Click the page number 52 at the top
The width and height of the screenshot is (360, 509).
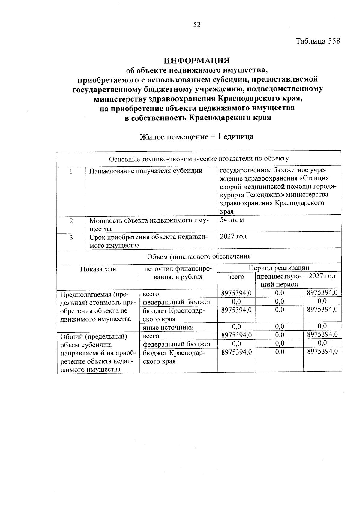[197, 25]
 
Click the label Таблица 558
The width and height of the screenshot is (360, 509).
[318, 41]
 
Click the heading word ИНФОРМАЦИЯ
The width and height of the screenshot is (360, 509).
[196, 61]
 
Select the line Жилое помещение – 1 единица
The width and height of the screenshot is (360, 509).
[197, 137]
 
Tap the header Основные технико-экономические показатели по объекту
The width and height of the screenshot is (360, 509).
[199, 159]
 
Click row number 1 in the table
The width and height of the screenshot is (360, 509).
[71, 172]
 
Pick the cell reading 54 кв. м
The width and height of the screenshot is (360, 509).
[232, 220]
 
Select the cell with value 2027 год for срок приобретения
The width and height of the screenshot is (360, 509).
[233, 237]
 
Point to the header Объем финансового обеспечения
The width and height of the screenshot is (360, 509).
[199, 256]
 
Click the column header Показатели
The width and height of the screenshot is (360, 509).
[98, 269]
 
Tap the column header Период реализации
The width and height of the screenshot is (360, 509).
[279, 268]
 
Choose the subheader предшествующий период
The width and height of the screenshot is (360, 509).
[279, 280]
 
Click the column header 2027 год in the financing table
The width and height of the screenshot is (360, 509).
[322, 276]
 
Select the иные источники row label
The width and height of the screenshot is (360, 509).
[168, 328]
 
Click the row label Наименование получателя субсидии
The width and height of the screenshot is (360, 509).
[146, 171]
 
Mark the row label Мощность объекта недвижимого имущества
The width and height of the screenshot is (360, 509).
[149, 225]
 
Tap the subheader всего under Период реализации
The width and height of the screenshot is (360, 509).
[236, 277]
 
